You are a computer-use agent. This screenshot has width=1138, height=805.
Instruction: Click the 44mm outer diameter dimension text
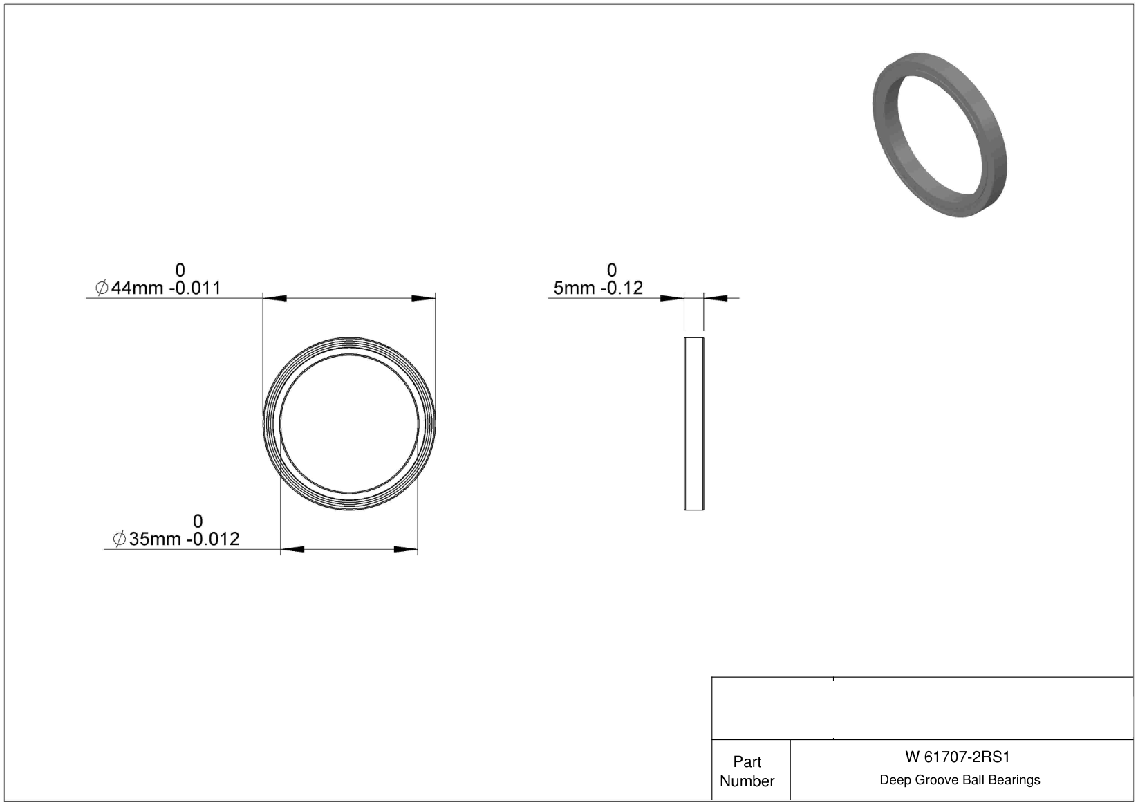(137, 288)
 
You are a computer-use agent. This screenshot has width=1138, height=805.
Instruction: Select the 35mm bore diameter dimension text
(155, 539)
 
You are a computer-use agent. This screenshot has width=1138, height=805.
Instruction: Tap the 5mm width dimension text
(574, 288)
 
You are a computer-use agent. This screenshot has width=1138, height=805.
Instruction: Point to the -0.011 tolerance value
(195, 288)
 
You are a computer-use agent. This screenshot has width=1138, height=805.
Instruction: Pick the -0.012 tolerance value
(214, 539)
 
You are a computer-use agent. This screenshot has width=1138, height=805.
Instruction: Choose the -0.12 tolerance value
(622, 288)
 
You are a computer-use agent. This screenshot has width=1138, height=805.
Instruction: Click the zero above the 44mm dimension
(180, 270)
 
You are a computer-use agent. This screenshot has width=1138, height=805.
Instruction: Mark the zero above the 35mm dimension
(198, 521)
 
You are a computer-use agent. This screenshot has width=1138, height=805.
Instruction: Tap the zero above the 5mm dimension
(612, 270)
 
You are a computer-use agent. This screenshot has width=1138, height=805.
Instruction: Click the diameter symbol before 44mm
(102, 288)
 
